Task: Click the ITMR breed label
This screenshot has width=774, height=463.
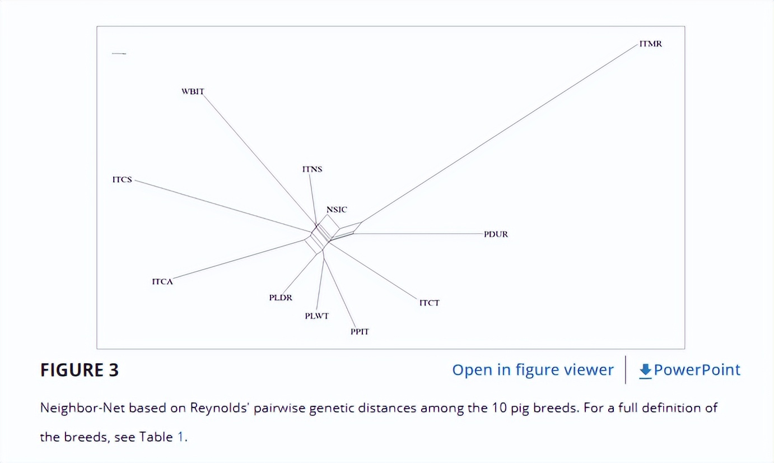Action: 650,44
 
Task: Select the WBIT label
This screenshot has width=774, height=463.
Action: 193,91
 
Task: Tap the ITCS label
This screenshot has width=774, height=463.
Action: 122,180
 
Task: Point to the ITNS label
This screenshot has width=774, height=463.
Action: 312,169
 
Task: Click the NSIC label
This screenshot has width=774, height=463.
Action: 337,210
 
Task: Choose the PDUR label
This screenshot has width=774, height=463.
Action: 496,234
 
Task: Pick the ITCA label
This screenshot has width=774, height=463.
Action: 162,282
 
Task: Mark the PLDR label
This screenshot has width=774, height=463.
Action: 281,298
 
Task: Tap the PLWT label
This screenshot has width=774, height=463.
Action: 316,316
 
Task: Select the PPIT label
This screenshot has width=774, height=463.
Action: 360,332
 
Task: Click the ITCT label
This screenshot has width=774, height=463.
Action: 430,303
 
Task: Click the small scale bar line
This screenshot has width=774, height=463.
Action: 119,54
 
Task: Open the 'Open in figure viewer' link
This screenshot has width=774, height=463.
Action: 533,370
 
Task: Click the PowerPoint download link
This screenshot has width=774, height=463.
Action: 697,370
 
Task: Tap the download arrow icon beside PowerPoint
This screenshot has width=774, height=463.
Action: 645,370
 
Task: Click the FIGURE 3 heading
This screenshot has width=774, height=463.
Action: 80,370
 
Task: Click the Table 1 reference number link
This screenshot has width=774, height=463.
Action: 180,437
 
